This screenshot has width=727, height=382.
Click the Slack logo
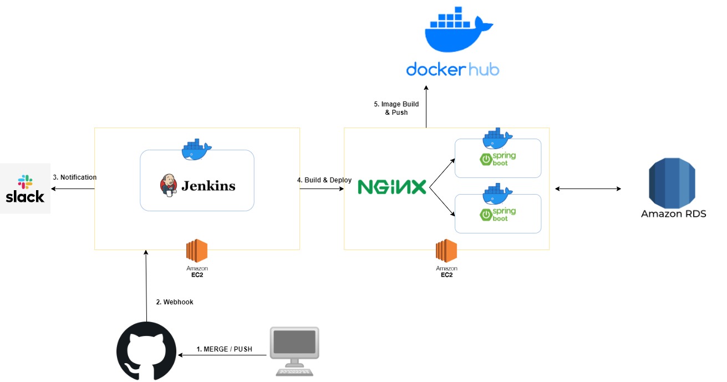click(25, 189)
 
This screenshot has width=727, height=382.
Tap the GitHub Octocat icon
click(146, 351)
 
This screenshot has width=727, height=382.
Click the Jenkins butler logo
click(169, 186)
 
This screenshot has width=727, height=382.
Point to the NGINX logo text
click(392, 187)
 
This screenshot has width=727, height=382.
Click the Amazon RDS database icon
click(673, 180)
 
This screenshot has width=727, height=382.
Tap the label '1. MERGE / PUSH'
click(224, 349)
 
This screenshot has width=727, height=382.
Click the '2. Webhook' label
click(175, 302)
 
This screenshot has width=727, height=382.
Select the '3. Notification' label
click(74, 177)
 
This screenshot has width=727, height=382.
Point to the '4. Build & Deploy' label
click(324, 180)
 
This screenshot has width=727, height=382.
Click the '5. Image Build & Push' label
click(396, 108)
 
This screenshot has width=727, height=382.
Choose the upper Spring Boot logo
click(497, 159)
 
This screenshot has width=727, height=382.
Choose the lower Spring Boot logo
click(497, 214)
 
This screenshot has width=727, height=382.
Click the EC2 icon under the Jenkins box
click(197, 251)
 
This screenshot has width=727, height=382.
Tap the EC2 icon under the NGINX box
click(446, 251)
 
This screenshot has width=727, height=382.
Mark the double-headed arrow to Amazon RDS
click(588, 189)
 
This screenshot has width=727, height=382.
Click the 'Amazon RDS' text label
click(673, 214)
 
